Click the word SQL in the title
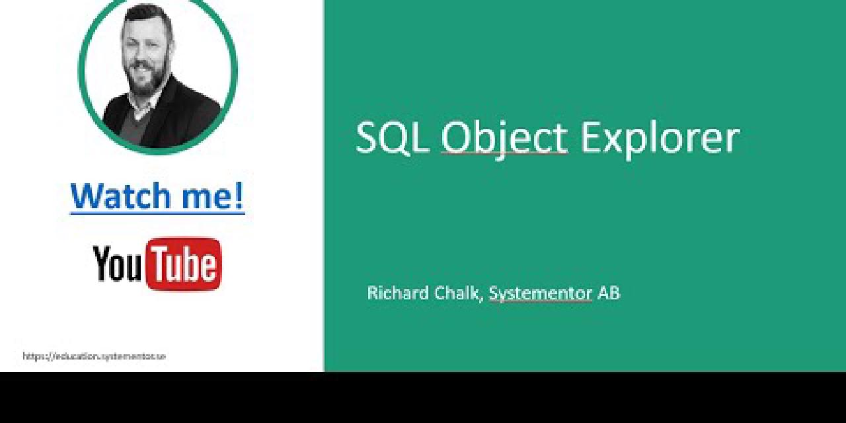tap(392, 137)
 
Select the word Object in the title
tap(504, 137)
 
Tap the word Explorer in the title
tap(659, 137)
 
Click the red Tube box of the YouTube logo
tap(184, 264)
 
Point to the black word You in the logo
tap(118, 263)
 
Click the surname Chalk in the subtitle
tap(456, 293)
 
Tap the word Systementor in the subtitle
tap(540, 293)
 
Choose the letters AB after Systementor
tap(609, 293)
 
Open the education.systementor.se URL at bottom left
tap(94, 356)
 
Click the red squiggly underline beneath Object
tap(504, 153)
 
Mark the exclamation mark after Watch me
tap(239, 196)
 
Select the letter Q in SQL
tap(395, 137)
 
